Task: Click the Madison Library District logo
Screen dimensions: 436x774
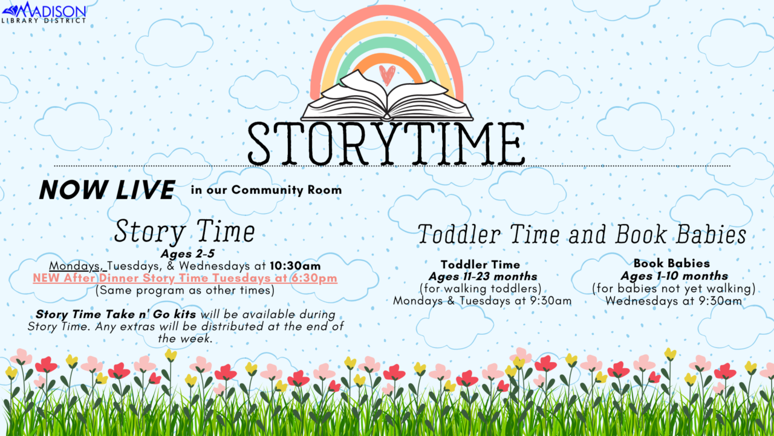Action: click(x=44, y=12)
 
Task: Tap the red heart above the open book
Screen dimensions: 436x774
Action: click(x=387, y=74)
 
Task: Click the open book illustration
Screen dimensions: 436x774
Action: click(x=387, y=97)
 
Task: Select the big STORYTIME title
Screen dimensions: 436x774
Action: click(x=386, y=143)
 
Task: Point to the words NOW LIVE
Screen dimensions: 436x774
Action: click(x=106, y=190)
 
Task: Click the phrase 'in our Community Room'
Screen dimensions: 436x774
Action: click(x=266, y=190)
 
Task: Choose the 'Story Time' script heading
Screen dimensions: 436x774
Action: click(x=184, y=231)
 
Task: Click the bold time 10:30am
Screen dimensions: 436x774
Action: click(x=295, y=266)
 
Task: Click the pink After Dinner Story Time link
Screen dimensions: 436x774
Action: click(x=185, y=278)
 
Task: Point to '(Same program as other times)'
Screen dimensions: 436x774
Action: click(x=185, y=290)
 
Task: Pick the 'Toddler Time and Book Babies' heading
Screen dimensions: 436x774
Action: click(x=582, y=235)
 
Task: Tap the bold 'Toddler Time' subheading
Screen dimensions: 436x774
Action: click(x=480, y=265)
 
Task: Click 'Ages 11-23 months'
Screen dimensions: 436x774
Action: click(x=483, y=277)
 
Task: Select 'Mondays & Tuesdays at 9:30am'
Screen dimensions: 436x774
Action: click(x=482, y=301)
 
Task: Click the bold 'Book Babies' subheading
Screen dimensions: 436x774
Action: click(x=672, y=263)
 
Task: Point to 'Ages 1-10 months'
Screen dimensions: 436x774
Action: click(x=674, y=276)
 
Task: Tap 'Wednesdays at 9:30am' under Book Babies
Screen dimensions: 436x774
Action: click(x=673, y=301)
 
